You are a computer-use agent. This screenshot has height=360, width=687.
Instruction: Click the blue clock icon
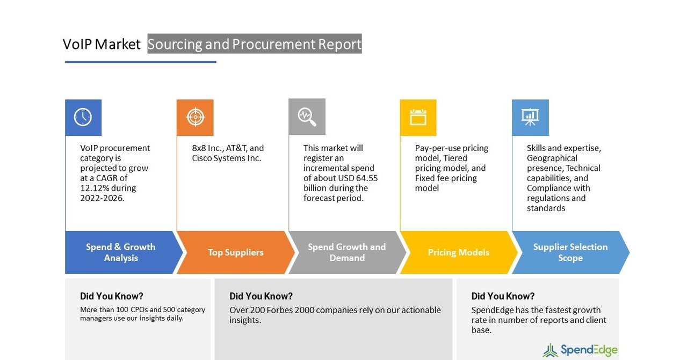(83, 117)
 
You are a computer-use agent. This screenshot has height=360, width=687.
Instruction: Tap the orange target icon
(195, 117)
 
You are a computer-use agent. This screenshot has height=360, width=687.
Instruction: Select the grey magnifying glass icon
(307, 117)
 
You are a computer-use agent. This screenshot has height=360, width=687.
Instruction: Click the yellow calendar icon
(418, 117)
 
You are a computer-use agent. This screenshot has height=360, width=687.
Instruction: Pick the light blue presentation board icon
(530, 117)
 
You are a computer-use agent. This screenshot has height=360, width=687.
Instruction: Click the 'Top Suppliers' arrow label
(235, 253)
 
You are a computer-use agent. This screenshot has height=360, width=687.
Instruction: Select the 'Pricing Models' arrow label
(458, 253)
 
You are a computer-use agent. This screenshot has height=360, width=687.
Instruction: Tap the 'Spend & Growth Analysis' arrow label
(120, 253)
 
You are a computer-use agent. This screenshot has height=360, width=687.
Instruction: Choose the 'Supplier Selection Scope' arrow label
(570, 253)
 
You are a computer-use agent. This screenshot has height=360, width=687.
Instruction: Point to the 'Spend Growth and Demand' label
(346, 253)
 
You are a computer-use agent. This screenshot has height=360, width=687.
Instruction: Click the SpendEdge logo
(580, 350)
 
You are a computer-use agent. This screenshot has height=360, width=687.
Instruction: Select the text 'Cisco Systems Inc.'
(227, 158)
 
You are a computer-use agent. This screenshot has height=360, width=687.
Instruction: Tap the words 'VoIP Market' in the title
(102, 44)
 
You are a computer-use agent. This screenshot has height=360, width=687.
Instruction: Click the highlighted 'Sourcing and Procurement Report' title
(255, 44)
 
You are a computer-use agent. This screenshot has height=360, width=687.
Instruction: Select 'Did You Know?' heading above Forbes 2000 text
(261, 296)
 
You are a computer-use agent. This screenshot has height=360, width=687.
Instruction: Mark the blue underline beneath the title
(140, 62)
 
